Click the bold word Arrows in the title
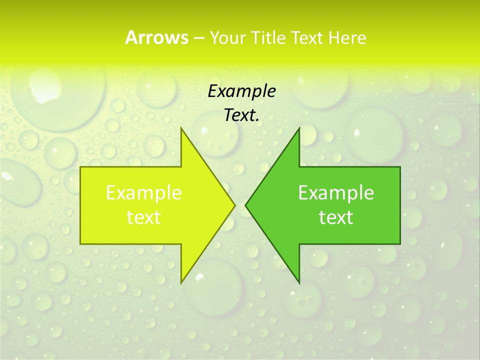(x=156, y=37)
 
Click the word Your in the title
(x=226, y=38)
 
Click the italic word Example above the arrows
(x=241, y=91)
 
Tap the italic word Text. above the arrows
(x=241, y=115)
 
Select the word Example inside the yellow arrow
(x=144, y=192)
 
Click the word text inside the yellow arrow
(x=144, y=217)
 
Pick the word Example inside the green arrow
(x=336, y=192)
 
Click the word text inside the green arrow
(x=336, y=217)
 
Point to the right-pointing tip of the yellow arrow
(x=235, y=204)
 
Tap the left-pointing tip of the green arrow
(x=245, y=204)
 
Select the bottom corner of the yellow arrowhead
(x=181, y=283)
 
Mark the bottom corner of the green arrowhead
(x=299, y=283)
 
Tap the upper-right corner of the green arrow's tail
(x=400, y=167)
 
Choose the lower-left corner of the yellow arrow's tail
(x=80, y=244)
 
